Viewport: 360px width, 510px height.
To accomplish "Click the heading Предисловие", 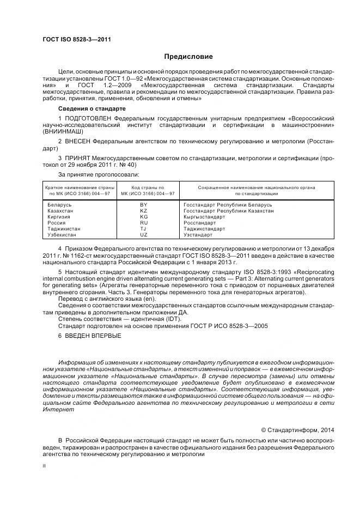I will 188,57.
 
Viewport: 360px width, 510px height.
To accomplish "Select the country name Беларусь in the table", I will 59,205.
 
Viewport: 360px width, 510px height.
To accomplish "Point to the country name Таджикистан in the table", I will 64,229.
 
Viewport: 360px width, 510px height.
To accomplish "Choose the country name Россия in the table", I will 57,223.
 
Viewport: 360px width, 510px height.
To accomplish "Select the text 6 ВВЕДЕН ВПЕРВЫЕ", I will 90,335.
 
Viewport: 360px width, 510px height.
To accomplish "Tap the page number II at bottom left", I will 44,465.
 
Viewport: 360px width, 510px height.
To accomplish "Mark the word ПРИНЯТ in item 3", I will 78,158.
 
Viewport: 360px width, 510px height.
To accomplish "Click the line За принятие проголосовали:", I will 91,174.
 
